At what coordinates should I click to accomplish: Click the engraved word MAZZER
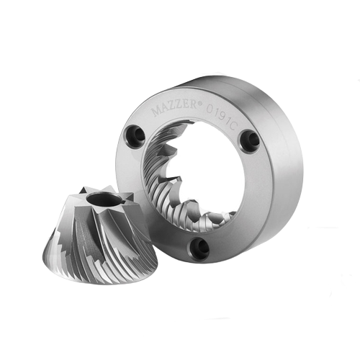174,109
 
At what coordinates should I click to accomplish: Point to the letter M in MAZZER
156,112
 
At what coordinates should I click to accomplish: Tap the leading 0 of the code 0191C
210,109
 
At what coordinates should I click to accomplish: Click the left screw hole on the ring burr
135,135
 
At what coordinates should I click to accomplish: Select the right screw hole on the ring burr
250,140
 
